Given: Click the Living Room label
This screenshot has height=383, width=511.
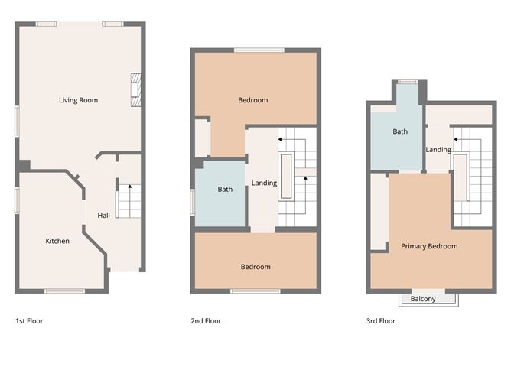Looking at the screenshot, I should coord(78,100).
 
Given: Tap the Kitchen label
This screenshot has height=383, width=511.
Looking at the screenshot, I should coord(57,241).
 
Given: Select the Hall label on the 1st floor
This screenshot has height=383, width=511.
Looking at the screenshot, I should coord(103,216).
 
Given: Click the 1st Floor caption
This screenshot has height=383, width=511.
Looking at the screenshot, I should coord(29,321).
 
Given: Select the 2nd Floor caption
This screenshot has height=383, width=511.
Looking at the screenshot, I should coord(206,321).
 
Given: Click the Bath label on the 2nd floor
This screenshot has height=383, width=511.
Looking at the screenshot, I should coord(224,190).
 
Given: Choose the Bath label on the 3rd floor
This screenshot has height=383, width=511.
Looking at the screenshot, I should coord(400,131).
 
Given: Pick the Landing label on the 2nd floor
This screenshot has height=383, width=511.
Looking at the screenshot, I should coord(264,183).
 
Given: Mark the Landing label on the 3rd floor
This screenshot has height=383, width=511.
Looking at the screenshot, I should coord(438,150).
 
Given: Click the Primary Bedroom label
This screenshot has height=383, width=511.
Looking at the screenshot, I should coord(429,246).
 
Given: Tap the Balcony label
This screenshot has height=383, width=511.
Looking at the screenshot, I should coord(423,299).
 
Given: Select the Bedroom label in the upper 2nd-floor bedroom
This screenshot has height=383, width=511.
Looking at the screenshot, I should coord(252,100).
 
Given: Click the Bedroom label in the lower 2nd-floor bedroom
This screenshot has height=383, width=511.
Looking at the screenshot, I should coord(255,267).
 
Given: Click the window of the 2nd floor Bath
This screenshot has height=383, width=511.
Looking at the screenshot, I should coord(193,202).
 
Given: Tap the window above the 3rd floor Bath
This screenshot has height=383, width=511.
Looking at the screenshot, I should coord(407,81).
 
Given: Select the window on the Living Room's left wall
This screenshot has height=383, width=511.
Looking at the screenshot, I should coord(17,121).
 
